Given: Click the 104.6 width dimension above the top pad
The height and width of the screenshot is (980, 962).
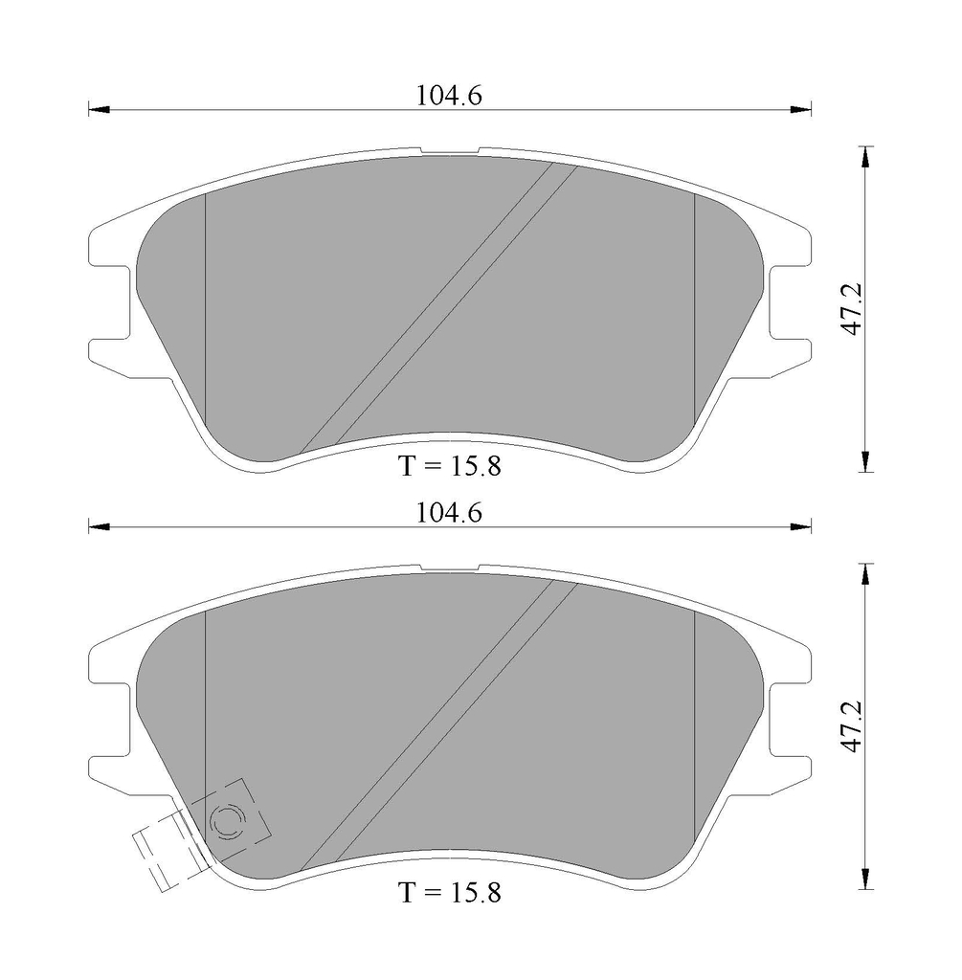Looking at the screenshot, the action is point(449,96).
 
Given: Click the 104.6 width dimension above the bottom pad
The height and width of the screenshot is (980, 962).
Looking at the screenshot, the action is point(449,513).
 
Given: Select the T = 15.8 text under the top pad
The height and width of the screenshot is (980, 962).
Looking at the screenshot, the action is point(450,466).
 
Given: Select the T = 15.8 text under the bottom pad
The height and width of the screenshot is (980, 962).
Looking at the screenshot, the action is point(450,892).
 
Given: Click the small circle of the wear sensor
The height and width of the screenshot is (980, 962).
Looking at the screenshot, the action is point(228,819).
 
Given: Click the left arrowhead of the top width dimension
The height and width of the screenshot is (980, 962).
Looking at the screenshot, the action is point(99,110).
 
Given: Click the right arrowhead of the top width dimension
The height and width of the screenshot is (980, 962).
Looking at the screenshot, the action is point(801,110).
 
